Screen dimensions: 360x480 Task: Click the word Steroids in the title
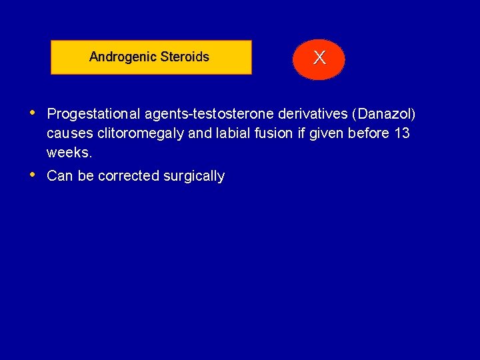(183, 57)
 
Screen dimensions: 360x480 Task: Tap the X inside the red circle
(319, 59)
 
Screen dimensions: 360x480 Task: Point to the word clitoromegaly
(141, 133)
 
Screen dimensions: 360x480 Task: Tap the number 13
(401, 133)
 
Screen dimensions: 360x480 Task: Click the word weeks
(69, 153)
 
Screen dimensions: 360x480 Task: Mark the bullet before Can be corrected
(33, 174)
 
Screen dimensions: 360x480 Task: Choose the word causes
(70, 133)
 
